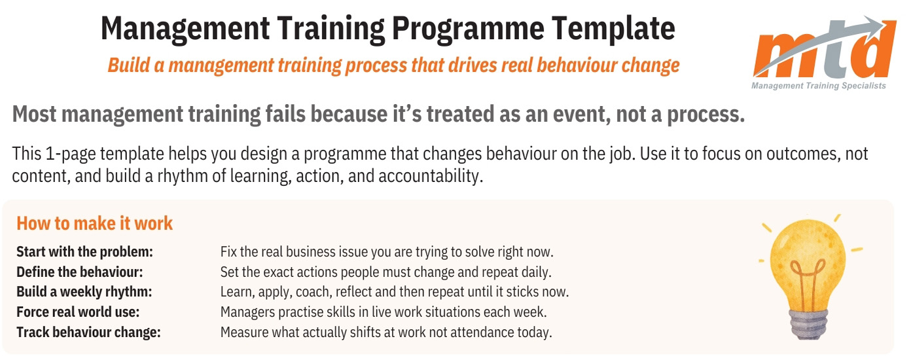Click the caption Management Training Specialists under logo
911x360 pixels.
pos(818,86)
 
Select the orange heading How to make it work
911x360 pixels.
pos(94,223)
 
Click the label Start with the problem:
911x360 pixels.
pos(84,251)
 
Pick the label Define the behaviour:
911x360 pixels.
pos(79,271)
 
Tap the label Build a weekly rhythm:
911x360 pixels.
pos(84,291)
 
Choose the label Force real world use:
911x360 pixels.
pos(78,312)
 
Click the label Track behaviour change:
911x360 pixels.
pos(88,332)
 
